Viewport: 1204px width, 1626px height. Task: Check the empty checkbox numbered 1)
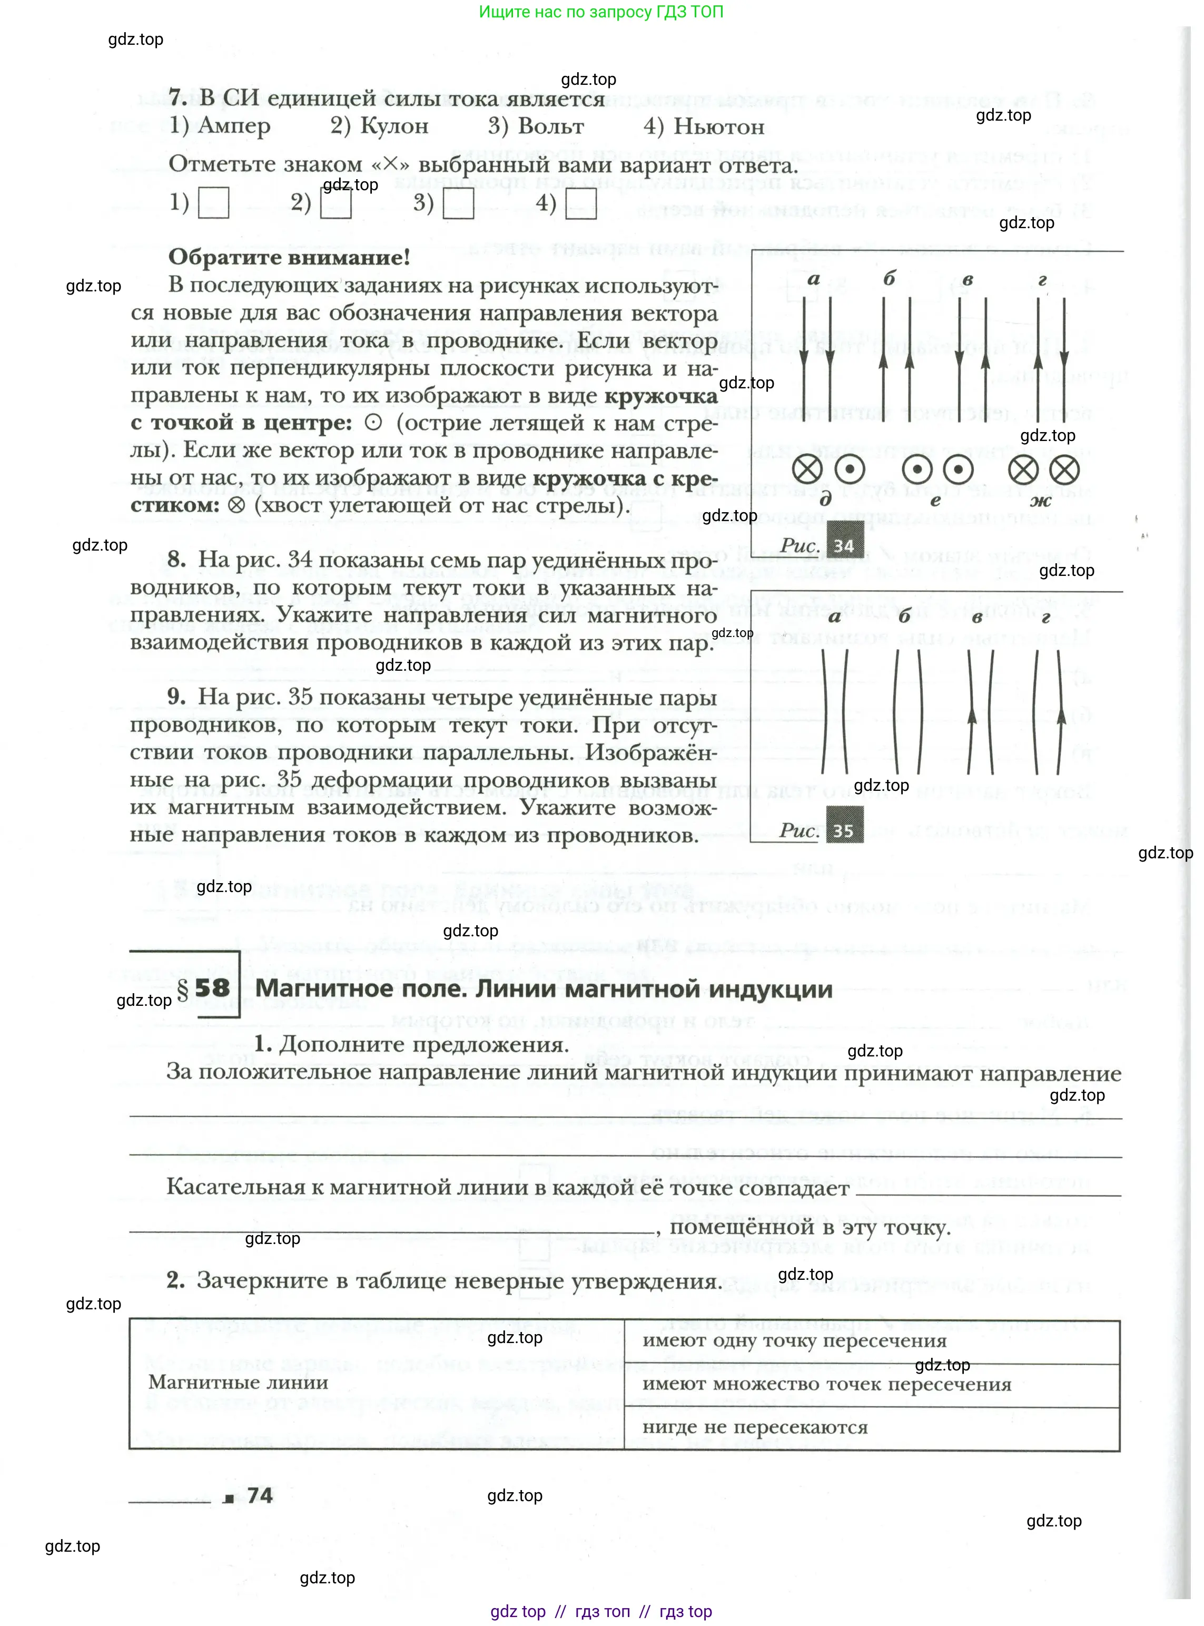pos(213,203)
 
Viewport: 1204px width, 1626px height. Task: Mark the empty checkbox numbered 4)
pos(581,203)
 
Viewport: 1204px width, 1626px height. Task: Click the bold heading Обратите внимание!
pos(289,258)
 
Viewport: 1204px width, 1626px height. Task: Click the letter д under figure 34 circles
pos(826,500)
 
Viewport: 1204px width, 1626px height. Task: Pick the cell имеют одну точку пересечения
pos(794,1341)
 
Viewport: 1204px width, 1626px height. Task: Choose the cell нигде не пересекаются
pos(755,1427)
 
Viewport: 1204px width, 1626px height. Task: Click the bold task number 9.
pos(176,697)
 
